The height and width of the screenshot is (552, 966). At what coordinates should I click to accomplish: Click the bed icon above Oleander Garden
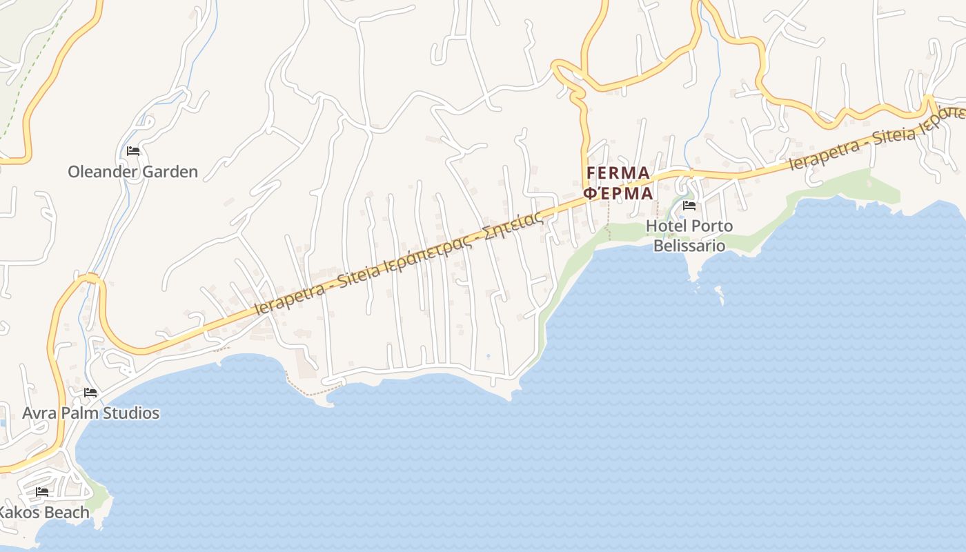pyautogui.click(x=133, y=151)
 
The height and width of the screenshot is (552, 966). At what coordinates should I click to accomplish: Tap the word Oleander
pyautogui.click(x=101, y=172)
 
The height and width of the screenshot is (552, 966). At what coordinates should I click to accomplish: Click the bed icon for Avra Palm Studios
pyautogui.click(x=90, y=393)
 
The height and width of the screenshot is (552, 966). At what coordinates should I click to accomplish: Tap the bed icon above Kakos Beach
pyautogui.click(x=42, y=492)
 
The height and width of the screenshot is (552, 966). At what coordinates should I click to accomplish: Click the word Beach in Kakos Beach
pyautogui.click(x=67, y=513)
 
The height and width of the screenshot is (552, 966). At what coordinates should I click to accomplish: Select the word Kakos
pyautogui.click(x=19, y=513)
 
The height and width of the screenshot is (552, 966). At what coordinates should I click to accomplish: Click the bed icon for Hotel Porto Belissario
pyautogui.click(x=689, y=205)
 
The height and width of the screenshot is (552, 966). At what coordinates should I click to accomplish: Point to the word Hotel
pyautogui.click(x=666, y=226)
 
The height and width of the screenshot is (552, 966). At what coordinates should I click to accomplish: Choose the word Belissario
pyautogui.click(x=689, y=245)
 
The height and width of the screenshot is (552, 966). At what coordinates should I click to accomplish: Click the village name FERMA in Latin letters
pyautogui.click(x=618, y=172)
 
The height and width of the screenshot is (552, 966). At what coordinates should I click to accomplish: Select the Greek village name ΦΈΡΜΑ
pyautogui.click(x=618, y=193)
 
